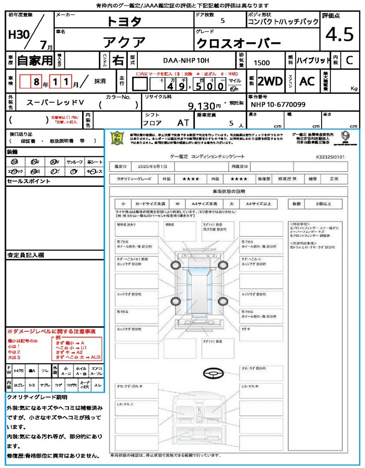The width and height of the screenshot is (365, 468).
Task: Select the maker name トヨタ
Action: (124, 21)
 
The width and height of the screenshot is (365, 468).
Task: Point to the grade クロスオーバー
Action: (238, 43)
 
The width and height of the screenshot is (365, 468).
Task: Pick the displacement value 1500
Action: (261, 63)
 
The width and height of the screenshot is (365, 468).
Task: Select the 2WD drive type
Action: (270, 81)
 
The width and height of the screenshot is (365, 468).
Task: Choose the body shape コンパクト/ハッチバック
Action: (283, 21)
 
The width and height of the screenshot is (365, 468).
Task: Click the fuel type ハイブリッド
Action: (313, 60)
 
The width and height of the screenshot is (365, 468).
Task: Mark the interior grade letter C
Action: (349, 60)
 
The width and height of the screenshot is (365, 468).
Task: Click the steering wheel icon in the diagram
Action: (213, 373)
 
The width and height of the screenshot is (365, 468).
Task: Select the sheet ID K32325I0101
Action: (330, 157)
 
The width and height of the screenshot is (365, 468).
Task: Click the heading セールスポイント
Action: (29, 181)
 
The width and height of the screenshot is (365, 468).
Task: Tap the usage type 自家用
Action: (35, 60)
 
